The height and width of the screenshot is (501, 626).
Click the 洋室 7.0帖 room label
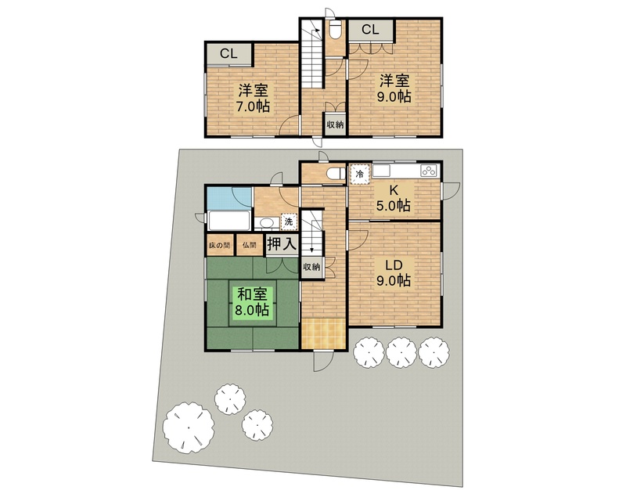(254, 98)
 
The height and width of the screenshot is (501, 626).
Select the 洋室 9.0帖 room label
(395, 88)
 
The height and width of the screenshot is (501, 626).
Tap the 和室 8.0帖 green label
(252, 302)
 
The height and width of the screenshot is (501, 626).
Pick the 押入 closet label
(282, 243)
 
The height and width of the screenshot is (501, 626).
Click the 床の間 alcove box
(220, 245)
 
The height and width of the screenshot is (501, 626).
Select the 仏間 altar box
(250, 245)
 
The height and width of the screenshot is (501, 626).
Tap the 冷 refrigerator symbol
(360, 175)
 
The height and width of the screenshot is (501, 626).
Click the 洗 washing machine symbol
(289, 222)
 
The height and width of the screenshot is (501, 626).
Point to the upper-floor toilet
(335, 29)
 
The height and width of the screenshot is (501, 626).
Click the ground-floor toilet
(336, 174)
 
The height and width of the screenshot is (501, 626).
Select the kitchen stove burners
(429, 171)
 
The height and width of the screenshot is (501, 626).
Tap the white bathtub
(229, 221)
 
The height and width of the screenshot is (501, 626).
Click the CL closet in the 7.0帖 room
(229, 54)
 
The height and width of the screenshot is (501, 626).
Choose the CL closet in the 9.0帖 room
(370, 30)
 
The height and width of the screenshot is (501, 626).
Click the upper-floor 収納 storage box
(336, 124)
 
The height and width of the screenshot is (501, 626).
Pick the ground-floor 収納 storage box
(311, 267)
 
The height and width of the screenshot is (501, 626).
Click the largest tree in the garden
(189, 427)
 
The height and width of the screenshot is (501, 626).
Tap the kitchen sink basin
(381, 171)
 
